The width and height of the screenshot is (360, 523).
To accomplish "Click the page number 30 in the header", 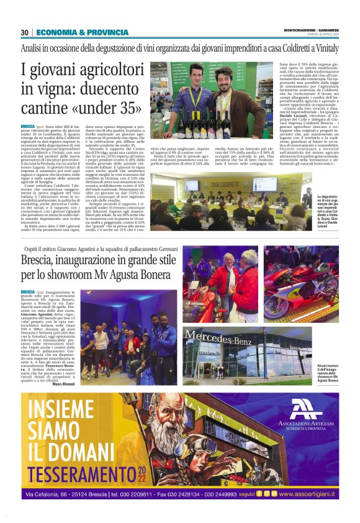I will [25, 32].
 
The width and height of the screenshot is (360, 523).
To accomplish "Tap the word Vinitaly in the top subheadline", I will [321, 47].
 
